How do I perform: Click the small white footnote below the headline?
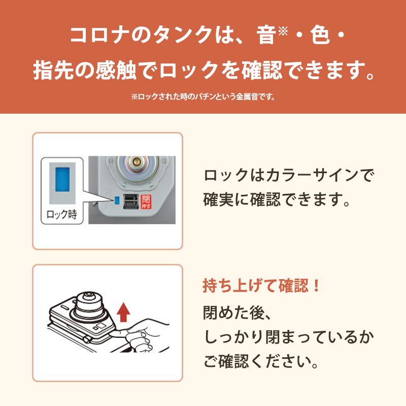(203, 96)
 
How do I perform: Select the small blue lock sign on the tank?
(117, 199)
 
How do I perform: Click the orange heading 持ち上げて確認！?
(261, 286)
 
